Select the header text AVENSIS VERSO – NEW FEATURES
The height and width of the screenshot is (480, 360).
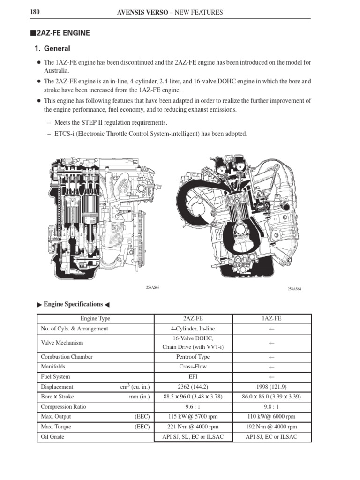click(x=170, y=12)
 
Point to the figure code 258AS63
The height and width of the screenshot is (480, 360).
click(x=153, y=287)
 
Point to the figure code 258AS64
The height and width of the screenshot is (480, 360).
click(x=294, y=289)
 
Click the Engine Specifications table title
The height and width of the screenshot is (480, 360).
click(x=73, y=304)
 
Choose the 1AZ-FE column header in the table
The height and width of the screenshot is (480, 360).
click(x=272, y=319)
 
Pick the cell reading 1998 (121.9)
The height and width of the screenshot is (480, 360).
click(x=272, y=387)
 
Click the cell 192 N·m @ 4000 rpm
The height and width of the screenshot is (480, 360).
click(x=272, y=427)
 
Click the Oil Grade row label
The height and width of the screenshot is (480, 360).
click(x=53, y=437)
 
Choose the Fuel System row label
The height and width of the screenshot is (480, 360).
click(x=56, y=376)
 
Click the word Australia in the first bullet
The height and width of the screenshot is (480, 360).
click(x=56, y=70)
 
